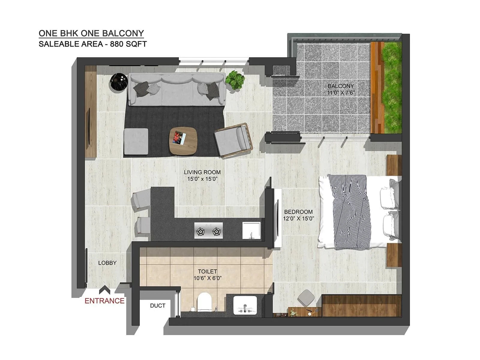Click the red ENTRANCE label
[104, 301]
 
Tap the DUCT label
[157, 306]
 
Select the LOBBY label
[107, 263]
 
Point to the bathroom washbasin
[245, 305]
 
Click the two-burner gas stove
[208, 230]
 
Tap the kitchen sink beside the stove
[251, 230]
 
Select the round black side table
[119, 82]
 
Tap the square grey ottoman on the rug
[136, 141]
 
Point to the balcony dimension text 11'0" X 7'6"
[341, 93]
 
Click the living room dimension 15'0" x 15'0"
[202, 179]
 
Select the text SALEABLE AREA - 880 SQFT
[93, 44]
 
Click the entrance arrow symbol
[104, 290]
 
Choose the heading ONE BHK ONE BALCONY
[91, 33]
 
